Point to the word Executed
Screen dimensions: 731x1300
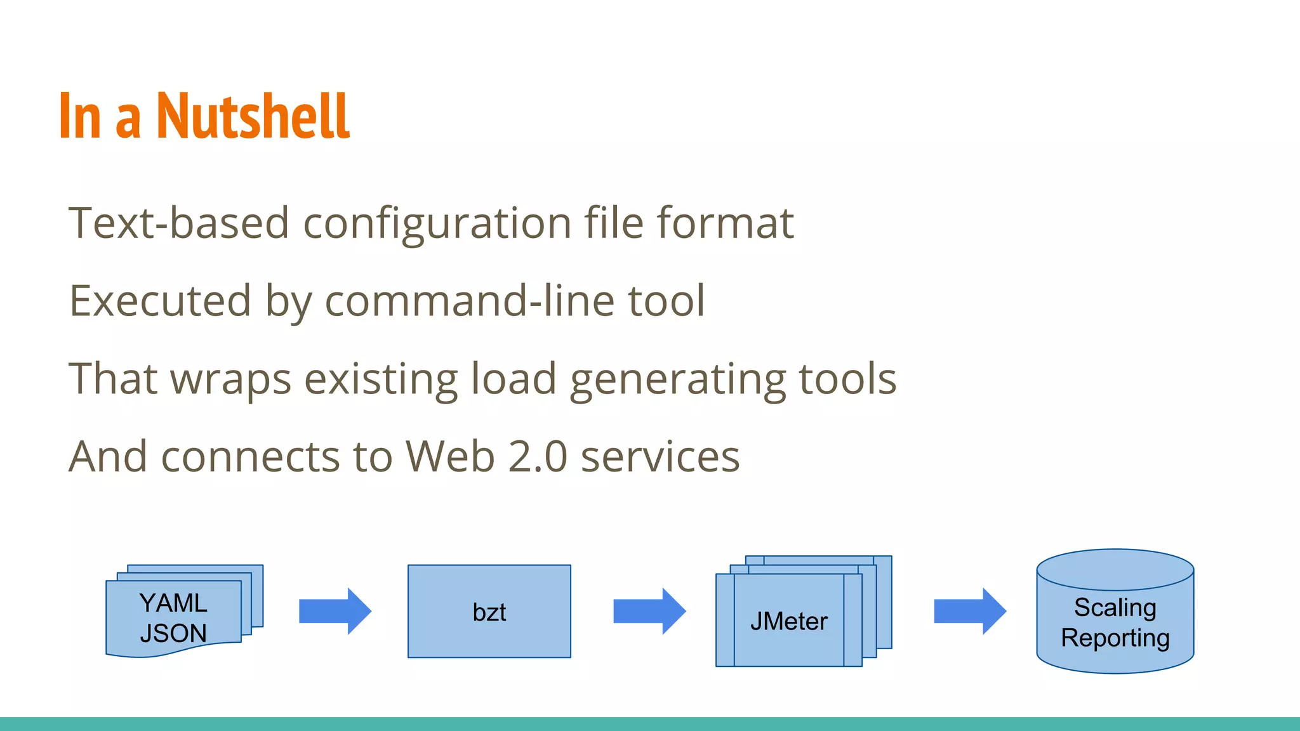160,301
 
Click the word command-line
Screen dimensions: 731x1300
470,301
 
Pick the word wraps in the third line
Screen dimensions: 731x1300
231,379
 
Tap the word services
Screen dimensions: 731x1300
660,457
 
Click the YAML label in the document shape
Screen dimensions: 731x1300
173,603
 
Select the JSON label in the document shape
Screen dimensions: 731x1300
173,633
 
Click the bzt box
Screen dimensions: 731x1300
489,612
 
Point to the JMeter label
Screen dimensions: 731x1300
788,621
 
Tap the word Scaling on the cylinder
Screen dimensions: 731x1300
1115,607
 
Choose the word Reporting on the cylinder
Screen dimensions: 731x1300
1115,638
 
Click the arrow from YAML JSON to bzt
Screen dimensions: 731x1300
335,611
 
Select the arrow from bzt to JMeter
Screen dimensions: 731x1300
649,611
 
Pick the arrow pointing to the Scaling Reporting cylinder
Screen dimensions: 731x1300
969,611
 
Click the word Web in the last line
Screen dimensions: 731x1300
450,457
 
